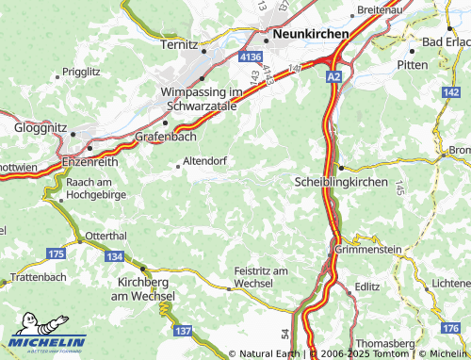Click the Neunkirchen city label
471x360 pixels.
tap(310, 34)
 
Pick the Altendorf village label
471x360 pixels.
tap(205, 161)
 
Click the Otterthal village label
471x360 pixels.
tap(106, 237)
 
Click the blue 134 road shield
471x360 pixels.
tap(114, 256)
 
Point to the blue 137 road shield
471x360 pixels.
tap(183, 330)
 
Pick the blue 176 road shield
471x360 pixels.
tap(458, 327)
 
